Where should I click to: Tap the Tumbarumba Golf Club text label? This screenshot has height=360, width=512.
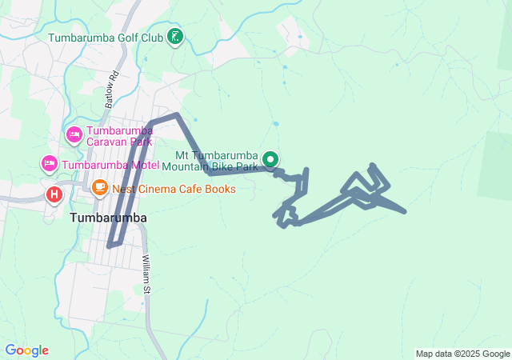tap(106, 38)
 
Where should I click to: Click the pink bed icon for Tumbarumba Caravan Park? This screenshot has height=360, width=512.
tap(74, 134)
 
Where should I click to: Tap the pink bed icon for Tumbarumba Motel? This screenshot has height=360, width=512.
tap(49, 164)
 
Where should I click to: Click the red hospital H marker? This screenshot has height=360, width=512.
tap(54, 194)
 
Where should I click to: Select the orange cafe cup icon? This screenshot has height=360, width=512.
tap(100, 188)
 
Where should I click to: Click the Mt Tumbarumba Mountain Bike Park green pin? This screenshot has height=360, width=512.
tap(270, 158)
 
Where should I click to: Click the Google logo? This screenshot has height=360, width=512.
tap(26, 350)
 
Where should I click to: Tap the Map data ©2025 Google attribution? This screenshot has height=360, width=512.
tap(462, 354)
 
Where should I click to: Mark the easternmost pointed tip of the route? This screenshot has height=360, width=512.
tap(405, 212)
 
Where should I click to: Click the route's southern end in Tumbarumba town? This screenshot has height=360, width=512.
tap(110, 246)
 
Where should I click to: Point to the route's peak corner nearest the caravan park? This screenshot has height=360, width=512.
tap(176, 115)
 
